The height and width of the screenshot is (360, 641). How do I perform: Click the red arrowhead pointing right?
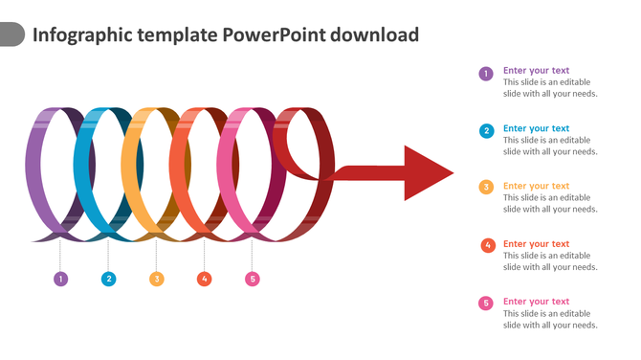point(427,173)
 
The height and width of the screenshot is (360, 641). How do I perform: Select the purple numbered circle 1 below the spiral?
point(60,280)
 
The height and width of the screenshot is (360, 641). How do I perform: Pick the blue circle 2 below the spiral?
point(108,280)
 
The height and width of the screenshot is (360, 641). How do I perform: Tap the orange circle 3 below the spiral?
point(156,280)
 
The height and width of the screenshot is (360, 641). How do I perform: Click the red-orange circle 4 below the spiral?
point(204,280)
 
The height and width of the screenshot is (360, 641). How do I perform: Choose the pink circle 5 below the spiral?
point(252,280)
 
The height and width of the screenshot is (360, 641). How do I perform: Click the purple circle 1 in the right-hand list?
point(486,73)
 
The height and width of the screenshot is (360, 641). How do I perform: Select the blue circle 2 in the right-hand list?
point(486,130)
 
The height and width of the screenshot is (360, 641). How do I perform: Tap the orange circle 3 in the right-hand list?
point(486,188)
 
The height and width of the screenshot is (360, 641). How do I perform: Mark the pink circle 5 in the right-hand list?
point(486,304)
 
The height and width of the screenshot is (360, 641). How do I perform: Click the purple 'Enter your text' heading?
point(536,70)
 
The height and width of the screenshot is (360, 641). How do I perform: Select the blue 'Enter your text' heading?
point(536,128)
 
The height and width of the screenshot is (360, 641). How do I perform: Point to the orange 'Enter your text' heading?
point(536,186)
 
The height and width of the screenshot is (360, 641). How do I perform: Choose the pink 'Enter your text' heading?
point(536,302)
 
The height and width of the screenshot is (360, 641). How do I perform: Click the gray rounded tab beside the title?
point(11,35)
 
